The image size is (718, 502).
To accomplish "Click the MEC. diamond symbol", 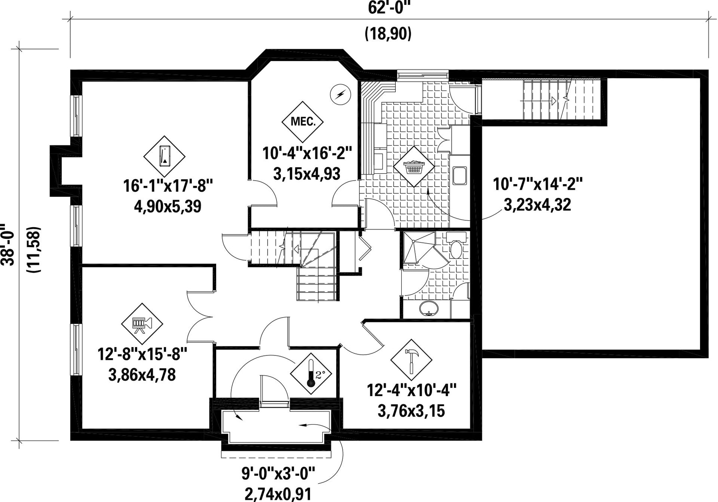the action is (x=303, y=121).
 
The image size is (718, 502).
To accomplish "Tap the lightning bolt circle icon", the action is (x=340, y=95).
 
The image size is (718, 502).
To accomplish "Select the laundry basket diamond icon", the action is (x=414, y=166).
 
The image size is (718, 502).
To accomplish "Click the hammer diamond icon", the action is (x=411, y=359).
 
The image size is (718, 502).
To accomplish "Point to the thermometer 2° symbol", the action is (x=311, y=374).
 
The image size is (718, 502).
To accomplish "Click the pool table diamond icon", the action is (x=164, y=156).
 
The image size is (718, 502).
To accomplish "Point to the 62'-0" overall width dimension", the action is (x=389, y=8).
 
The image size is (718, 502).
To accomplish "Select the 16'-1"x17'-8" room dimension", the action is (x=168, y=186).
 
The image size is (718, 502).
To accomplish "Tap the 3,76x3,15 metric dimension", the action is (x=411, y=411).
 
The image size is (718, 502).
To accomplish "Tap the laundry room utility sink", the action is (x=460, y=176).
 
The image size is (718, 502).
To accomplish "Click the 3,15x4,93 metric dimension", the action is (x=307, y=174).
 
